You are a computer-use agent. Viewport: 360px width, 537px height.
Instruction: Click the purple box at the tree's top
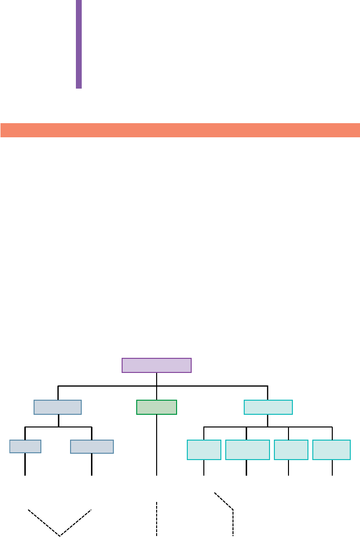[x=157, y=365]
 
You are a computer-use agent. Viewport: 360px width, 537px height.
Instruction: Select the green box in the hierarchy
[x=157, y=407]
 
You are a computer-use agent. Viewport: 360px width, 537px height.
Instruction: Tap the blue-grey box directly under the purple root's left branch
[x=57, y=407]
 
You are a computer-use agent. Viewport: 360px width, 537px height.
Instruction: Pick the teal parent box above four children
[x=268, y=407]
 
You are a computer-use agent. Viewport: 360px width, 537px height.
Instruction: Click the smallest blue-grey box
[x=25, y=446]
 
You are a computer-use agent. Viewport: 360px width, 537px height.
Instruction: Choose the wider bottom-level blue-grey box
[x=92, y=446]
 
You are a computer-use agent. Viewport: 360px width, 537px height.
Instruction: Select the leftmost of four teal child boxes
[x=204, y=449]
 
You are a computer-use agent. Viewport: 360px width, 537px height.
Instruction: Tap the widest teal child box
[x=248, y=449]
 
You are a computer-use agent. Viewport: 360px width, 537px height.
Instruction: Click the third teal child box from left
[x=291, y=449]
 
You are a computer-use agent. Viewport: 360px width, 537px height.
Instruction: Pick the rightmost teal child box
[x=331, y=449]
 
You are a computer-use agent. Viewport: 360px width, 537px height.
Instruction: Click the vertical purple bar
[x=79, y=44]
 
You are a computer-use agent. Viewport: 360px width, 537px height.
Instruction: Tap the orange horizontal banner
[x=180, y=130]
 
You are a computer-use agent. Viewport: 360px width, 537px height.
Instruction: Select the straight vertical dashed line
[x=157, y=518]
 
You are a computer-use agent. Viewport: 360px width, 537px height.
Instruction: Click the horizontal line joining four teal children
[x=268, y=427]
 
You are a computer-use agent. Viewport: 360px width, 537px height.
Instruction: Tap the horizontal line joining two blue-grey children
[x=58, y=427]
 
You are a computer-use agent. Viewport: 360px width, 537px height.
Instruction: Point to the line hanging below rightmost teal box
[x=332, y=467]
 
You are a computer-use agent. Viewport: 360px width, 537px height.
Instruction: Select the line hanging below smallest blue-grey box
[x=25, y=464]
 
